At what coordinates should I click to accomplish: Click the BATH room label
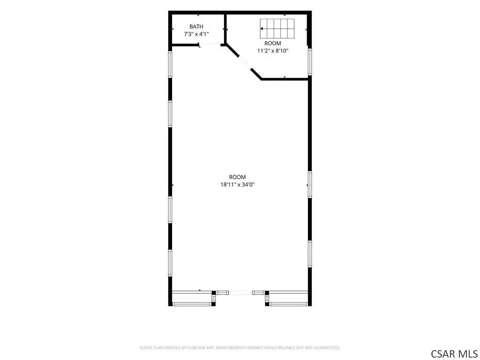[196, 27]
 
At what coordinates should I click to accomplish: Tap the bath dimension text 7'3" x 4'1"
[196, 34]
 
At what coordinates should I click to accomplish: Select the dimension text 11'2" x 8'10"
[273, 51]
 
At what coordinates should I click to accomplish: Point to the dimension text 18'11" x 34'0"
[238, 185]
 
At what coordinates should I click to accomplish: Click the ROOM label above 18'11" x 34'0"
[238, 177]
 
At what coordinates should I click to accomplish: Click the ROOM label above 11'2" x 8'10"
[273, 44]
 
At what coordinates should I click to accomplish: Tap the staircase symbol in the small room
[277, 29]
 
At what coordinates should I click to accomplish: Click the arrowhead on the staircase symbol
[262, 29]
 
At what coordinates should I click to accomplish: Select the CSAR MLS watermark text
[454, 353]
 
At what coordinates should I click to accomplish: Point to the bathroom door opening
[210, 45]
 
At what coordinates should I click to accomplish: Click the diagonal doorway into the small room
[245, 63]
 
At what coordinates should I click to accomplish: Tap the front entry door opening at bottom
[240, 293]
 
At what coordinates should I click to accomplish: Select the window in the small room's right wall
[310, 62]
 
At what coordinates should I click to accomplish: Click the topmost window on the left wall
[170, 64]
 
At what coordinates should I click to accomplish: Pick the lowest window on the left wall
[170, 263]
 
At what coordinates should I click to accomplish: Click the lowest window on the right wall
[310, 254]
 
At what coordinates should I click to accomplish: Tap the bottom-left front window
[192, 304]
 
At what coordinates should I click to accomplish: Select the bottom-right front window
[288, 304]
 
